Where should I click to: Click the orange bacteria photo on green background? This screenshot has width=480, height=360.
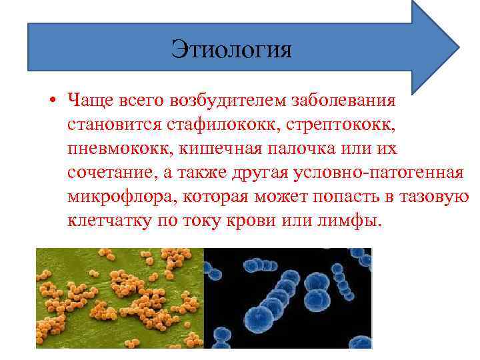point(119,297)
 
